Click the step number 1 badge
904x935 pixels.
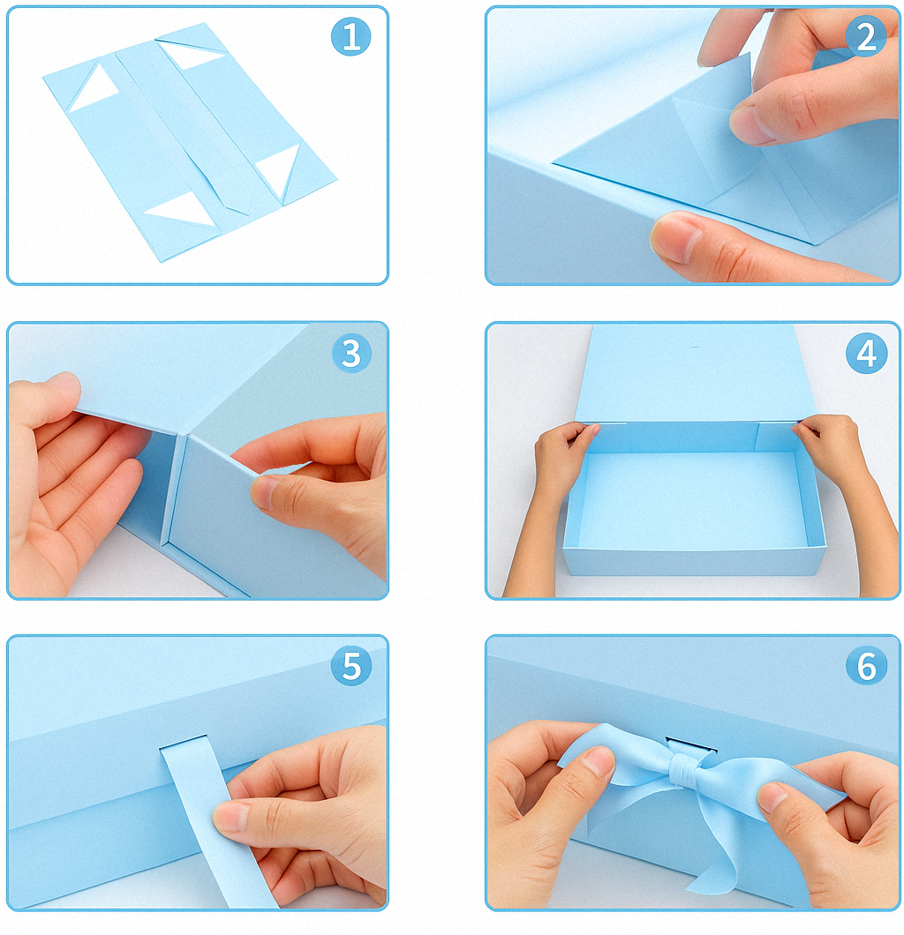pyautogui.click(x=350, y=36)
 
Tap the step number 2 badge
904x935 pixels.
pyautogui.click(x=866, y=36)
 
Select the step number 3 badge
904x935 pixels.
pyautogui.click(x=351, y=353)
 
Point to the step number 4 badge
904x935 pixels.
pyautogui.click(x=866, y=353)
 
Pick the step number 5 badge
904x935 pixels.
pyautogui.click(x=351, y=665)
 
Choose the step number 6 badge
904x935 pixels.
pyautogui.click(x=866, y=665)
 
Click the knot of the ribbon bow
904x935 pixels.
pyautogui.click(x=682, y=770)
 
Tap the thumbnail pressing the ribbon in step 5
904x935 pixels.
pyautogui.click(x=231, y=816)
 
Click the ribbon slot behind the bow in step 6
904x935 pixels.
pyautogui.click(x=691, y=746)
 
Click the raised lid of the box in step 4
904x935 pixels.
pyautogui.click(x=695, y=373)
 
